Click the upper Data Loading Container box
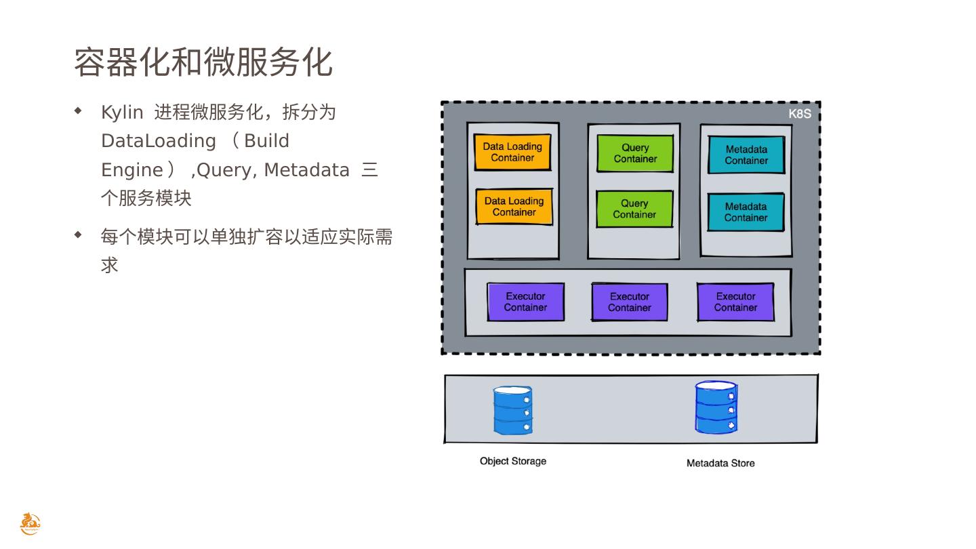pos(512,152)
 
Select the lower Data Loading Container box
pos(514,207)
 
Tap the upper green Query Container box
pos(635,153)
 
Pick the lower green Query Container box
pos(634,209)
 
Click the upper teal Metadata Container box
pos(746,155)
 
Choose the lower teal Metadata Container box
pos(746,212)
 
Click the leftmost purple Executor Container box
pos(525,302)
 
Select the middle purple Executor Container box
pos(630,302)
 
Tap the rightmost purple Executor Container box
pos(735,302)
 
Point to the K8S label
pos(800,114)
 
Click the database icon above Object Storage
pos(512,410)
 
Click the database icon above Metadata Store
pos(716,407)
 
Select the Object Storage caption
pos(513,461)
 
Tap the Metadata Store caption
pos(720,464)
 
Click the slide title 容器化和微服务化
pos(203,62)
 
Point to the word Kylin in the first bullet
pos(122,112)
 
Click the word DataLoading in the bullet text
pos(158,141)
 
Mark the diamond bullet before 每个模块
pos(78,235)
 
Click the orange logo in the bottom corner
pos(30,524)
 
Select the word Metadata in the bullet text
pos(306,170)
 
